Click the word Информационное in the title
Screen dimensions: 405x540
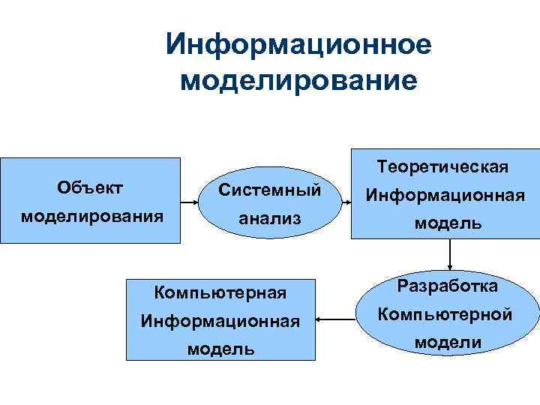(x=298, y=44)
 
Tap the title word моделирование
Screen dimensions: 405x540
(x=298, y=79)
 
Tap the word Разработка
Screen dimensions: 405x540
(x=448, y=286)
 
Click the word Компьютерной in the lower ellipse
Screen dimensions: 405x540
(x=448, y=314)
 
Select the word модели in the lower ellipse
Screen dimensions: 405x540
(x=448, y=343)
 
